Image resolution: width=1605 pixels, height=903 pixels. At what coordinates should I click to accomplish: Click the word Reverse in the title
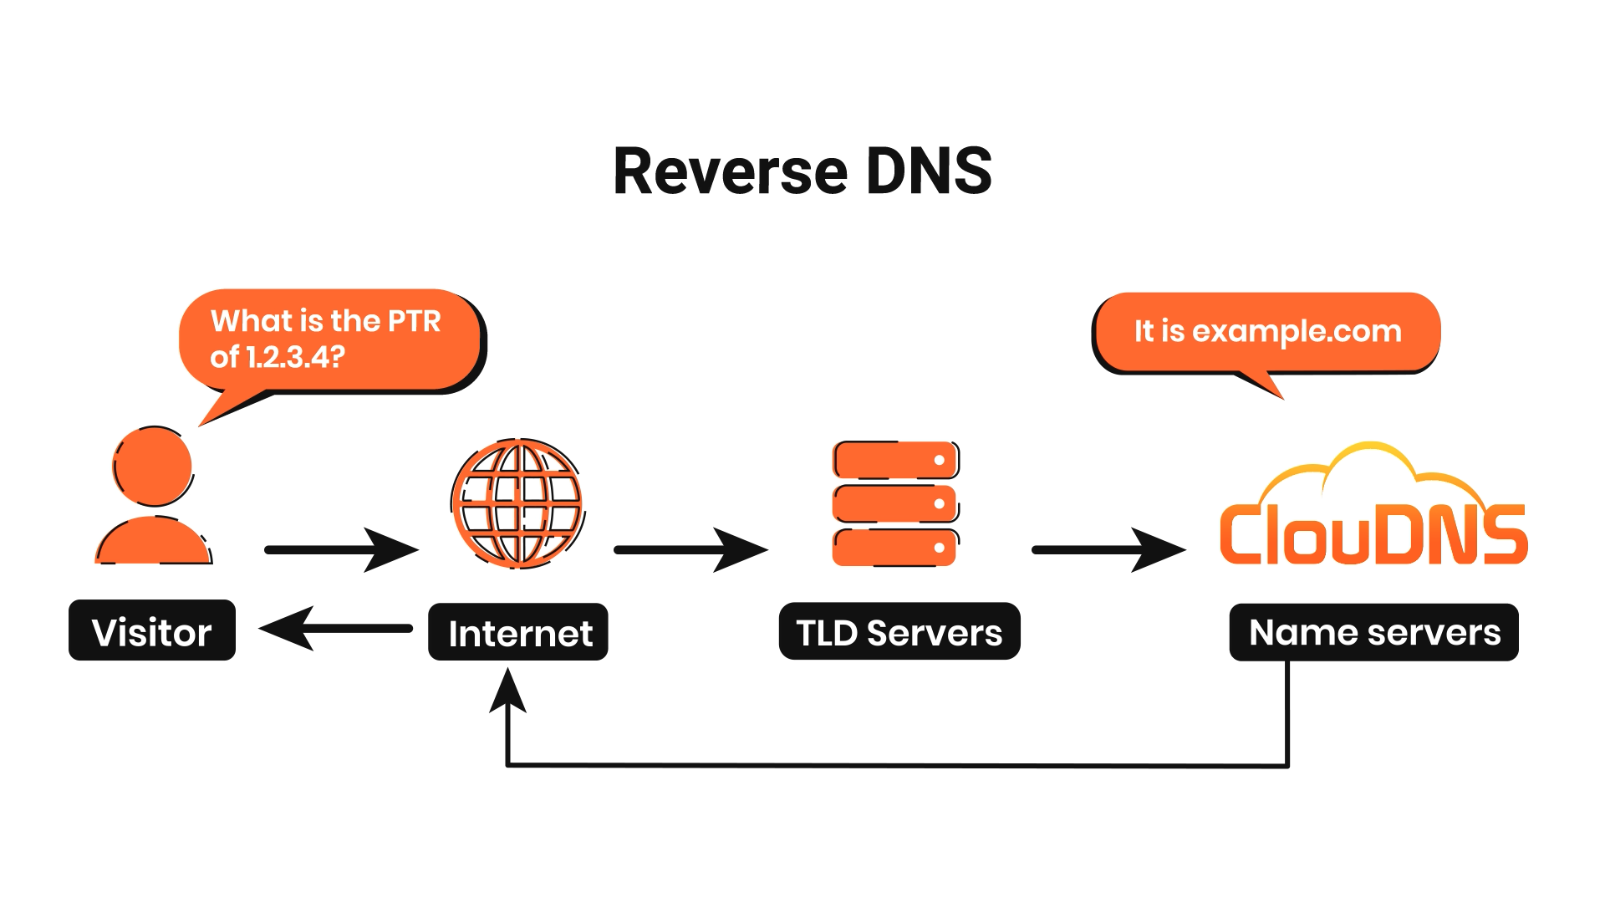tap(731, 171)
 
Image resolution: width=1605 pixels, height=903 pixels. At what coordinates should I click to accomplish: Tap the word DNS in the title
tap(930, 171)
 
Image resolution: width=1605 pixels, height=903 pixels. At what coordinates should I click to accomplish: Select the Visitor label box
tap(152, 630)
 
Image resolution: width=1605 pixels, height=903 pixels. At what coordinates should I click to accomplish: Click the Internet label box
tap(518, 631)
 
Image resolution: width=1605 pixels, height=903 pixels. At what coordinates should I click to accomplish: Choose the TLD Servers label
tap(899, 631)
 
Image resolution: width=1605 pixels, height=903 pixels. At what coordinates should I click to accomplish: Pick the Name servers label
tap(1374, 632)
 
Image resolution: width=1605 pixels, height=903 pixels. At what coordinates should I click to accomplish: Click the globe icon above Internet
tap(518, 503)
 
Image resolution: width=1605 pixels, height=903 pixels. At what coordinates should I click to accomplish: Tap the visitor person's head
tap(153, 466)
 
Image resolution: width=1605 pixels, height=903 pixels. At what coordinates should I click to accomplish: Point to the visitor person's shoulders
tap(154, 541)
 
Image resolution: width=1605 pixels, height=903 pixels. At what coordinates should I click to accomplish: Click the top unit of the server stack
tap(896, 460)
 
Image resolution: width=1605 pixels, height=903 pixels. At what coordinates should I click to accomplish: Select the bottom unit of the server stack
tap(895, 548)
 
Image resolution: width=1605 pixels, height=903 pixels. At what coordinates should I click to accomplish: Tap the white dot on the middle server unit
tap(940, 503)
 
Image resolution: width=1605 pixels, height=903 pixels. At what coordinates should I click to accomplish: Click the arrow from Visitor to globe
tap(341, 549)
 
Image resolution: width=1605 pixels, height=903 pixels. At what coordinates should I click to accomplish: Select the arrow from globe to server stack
tap(690, 549)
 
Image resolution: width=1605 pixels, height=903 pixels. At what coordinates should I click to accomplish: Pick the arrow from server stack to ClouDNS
tap(1108, 549)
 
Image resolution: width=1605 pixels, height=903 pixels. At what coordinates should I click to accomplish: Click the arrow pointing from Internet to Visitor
tap(336, 628)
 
